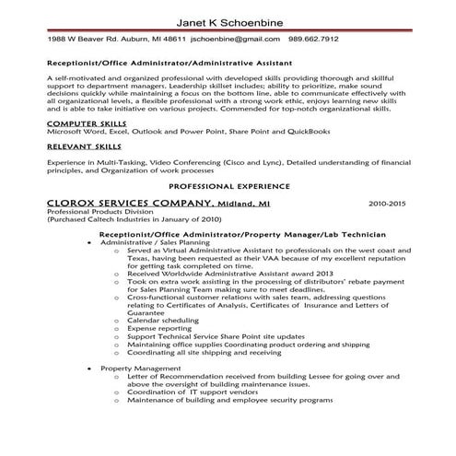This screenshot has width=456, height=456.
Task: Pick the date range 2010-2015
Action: click(x=389, y=203)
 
